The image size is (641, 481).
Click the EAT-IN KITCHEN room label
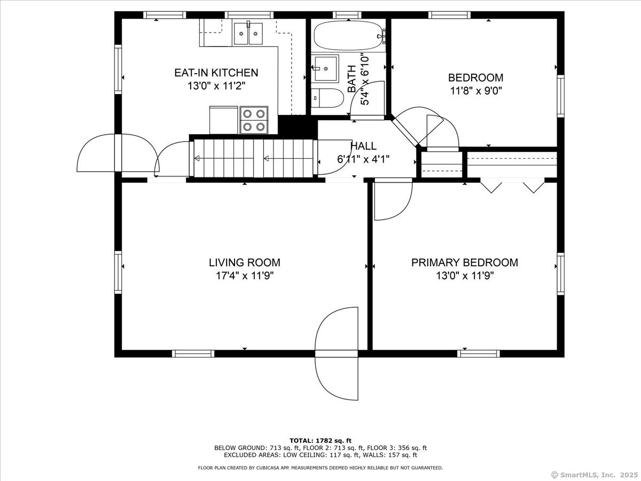pos(216,73)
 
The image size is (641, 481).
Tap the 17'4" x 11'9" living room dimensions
pos(245,275)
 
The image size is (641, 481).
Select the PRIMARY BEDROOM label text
pos(465,262)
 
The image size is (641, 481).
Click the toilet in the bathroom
pos(327,98)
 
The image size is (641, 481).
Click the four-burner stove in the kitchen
pos(254,120)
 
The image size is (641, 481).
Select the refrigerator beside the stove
pos(224,120)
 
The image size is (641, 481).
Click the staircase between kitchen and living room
pos(253,158)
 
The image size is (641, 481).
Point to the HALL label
pos(363,146)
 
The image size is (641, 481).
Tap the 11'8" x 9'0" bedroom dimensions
pos(476,91)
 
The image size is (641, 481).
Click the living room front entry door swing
pos(337,353)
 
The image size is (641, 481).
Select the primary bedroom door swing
pos(393,200)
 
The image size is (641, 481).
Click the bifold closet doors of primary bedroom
pos(512,187)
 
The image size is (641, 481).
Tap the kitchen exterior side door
pos(118,153)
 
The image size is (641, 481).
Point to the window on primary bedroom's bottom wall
pos(478,354)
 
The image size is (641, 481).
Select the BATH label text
pos(352,79)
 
